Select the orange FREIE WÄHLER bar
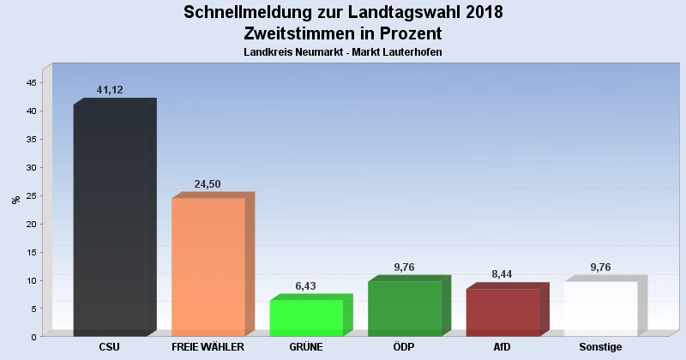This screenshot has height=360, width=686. click(208, 267)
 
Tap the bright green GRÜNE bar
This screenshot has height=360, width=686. click(306, 317)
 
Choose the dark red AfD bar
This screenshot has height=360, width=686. click(502, 312)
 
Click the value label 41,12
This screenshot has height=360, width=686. click(111, 89)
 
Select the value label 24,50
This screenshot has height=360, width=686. click(208, 183)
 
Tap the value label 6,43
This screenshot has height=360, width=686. click(306, 285)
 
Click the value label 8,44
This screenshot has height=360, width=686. click(502, 274)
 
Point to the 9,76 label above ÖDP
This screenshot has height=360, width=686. click(405, 267)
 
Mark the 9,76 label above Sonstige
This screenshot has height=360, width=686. click(601, 267)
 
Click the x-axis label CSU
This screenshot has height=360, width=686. click(109, 347)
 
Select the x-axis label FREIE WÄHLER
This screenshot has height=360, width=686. click(208, 347)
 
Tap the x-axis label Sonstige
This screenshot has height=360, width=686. click(600, 347)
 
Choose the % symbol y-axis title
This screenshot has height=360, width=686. click(15, 200)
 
